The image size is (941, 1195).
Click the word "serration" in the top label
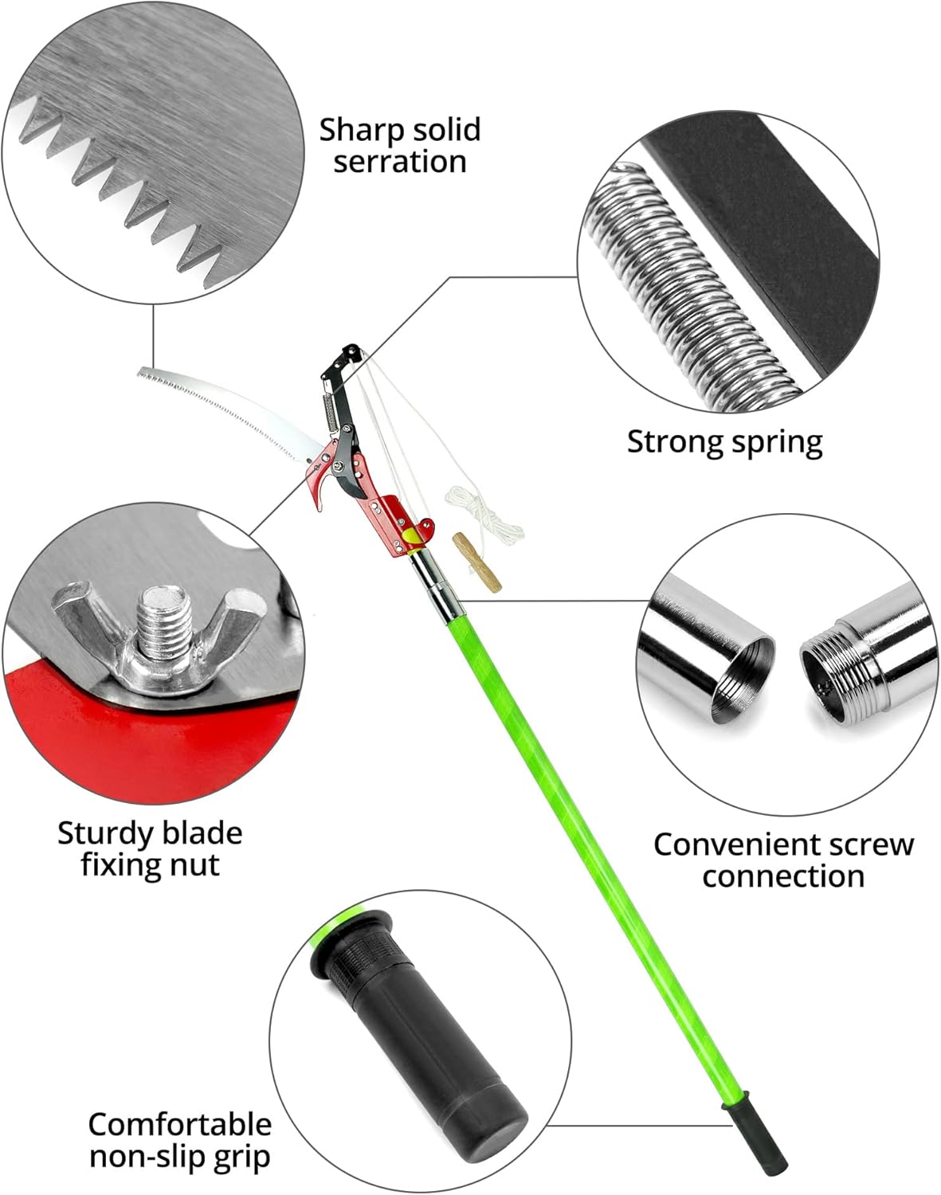pyautogui.click(x=400, y=162)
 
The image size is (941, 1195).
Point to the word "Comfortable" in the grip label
pyautogui.click(x=179, y=1126)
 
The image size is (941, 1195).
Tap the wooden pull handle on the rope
pyautogui.click(x=464, y=562)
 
